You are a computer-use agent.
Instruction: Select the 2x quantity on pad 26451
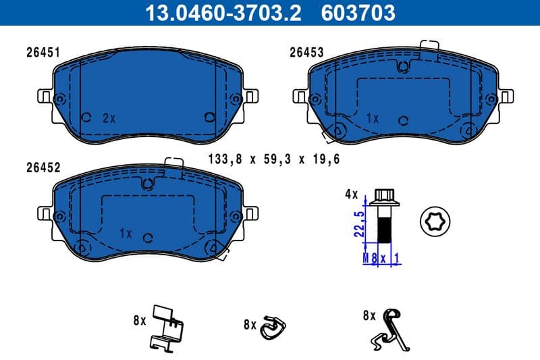[109, 118]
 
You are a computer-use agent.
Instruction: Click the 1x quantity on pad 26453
[372, 118]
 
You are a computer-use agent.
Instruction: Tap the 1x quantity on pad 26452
[124, 233]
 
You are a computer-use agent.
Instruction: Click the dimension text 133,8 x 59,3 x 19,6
[273, 159]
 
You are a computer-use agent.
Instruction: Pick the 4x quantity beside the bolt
[351, 194]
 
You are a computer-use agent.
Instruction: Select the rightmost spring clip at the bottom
[389, 328]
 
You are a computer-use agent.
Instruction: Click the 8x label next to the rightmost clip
[369, 315]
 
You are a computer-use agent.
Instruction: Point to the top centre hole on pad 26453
[403, 66]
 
